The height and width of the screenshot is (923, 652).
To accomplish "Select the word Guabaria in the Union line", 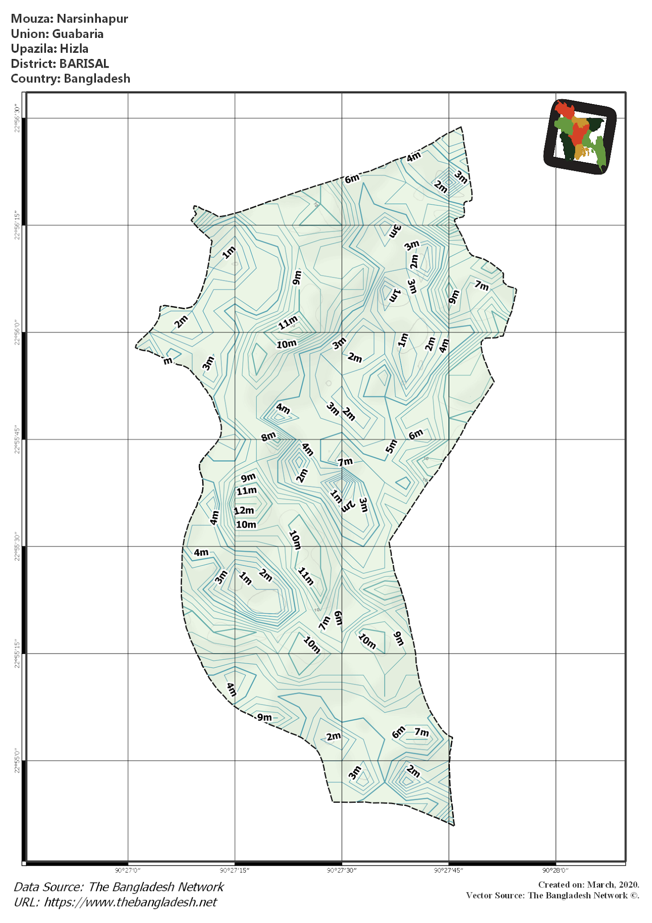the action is (78, 34).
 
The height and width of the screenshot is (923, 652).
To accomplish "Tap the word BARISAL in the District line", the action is (84, 64).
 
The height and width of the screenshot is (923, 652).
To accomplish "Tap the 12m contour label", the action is (244, 510).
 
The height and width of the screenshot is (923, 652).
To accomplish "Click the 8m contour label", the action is (268, 436).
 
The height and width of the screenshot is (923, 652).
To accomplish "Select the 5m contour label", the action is (391, 446).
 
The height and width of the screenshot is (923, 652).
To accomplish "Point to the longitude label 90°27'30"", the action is (342, 870).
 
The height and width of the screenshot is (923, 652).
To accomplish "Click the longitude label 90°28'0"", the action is (556, 870).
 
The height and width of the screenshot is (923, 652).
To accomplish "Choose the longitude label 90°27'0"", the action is (128, 870).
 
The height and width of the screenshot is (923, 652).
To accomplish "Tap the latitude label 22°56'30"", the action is (17, 118).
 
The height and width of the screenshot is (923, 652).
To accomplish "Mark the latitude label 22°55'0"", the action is (17, 761).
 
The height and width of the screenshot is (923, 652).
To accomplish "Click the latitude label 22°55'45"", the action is (17, 439).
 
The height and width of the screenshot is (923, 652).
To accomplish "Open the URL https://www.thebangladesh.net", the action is (131, 902).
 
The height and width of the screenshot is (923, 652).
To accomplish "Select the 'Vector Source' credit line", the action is (552, 895).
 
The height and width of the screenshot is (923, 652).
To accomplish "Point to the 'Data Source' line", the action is (119, 886).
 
